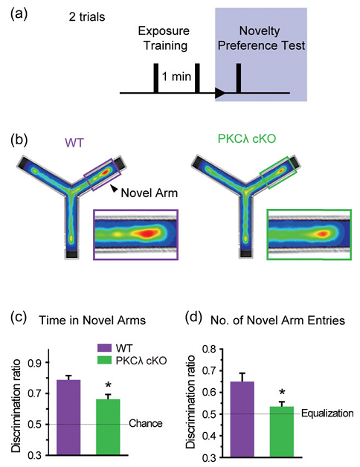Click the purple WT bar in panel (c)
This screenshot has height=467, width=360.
68,417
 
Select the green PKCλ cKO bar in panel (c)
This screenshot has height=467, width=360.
108,427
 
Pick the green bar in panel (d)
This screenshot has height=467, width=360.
282,431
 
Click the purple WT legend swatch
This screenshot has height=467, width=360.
104,348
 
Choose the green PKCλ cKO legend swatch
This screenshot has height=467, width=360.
104,360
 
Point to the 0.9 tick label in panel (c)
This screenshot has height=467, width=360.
35,363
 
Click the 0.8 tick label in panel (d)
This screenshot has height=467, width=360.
209,349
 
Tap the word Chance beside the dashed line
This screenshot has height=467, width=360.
146,423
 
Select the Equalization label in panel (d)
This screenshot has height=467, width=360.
327,413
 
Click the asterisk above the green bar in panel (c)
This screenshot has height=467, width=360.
108,385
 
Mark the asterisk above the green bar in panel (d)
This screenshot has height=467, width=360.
282,393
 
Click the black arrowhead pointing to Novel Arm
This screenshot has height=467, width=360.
114,188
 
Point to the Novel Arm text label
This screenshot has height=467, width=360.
150,193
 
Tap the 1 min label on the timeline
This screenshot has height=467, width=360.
176,77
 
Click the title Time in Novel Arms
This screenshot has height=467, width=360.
92,321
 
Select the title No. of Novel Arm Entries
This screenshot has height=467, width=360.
277,321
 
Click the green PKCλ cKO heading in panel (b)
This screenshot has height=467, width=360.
247,138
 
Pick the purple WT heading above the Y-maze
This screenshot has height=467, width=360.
74,144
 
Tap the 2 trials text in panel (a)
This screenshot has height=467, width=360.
87,17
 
